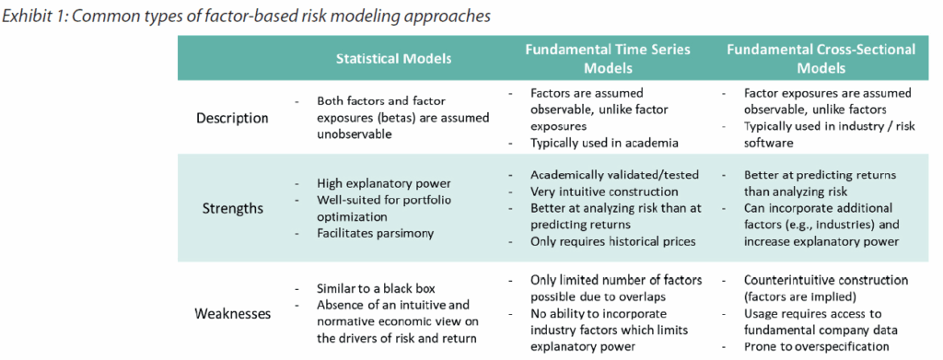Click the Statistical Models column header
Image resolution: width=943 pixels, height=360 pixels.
(x=393, y=58)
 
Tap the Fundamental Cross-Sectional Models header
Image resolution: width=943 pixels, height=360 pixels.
(x=821, y=58)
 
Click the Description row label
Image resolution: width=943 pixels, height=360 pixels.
(x=232, y=118)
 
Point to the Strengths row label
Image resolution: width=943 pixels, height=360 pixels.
(x=232, y=209)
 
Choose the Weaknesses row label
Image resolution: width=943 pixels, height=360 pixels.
(x=232, y=314)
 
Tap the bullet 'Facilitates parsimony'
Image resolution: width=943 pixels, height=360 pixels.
(x=376, y=233)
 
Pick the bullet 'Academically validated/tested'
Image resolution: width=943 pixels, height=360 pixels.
(x=614, y=175)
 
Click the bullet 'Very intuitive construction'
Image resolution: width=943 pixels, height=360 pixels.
(x=604, y=192)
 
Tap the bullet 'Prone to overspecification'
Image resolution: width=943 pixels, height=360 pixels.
(x=817, y=346)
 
